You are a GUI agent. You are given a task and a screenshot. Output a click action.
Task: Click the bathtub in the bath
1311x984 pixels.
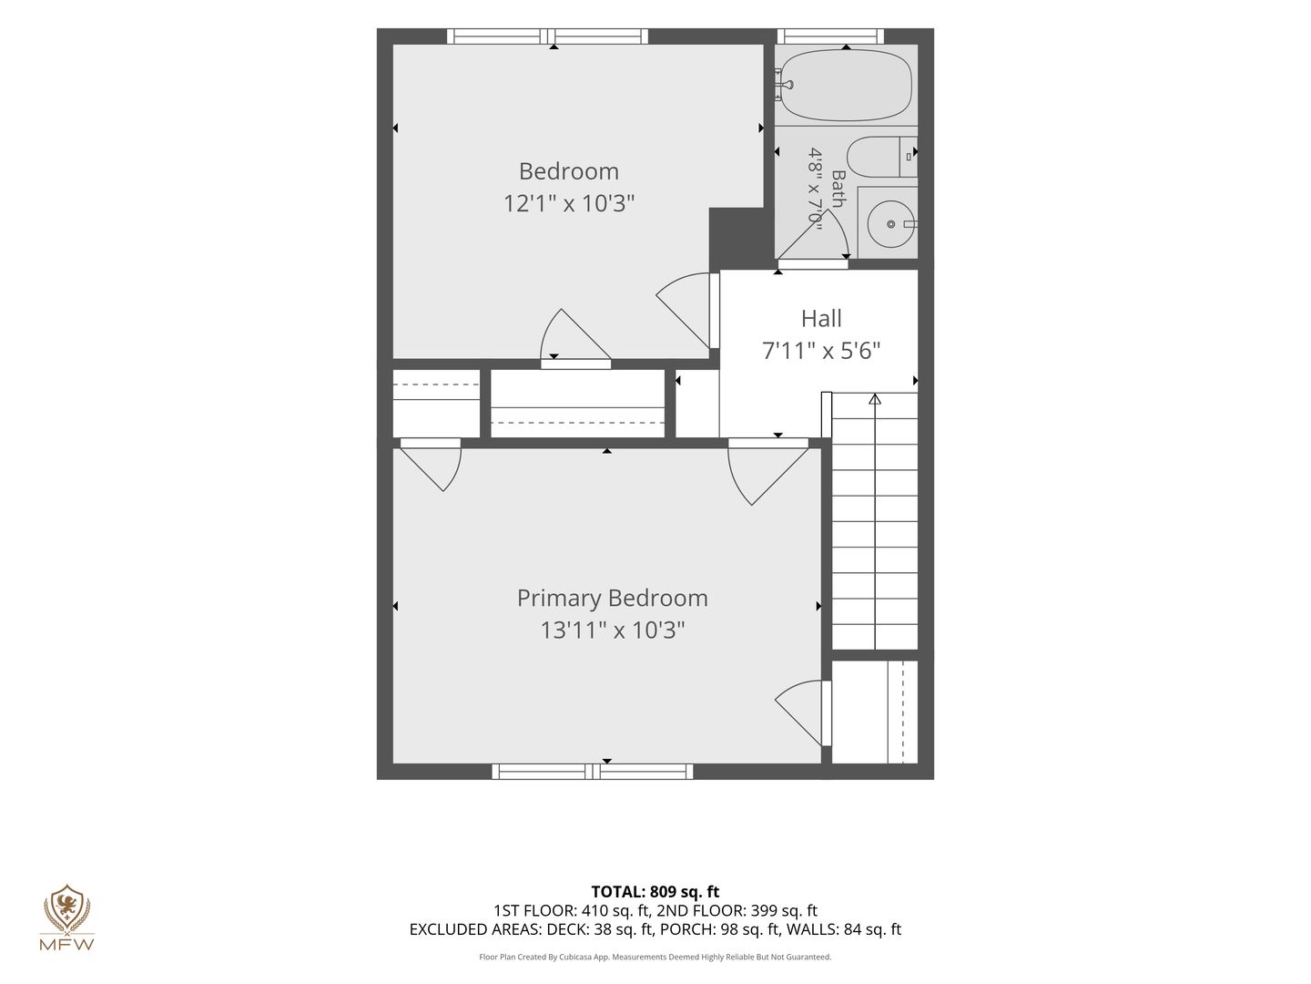[846, 85]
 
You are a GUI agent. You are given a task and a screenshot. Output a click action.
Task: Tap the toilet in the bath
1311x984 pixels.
[881, 157]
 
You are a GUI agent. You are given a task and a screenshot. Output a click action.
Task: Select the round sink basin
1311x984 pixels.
[890, 224]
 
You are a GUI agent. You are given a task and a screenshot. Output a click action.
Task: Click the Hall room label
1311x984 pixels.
[821, 319]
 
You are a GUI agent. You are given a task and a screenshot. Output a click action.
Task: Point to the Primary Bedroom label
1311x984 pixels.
[612, 598]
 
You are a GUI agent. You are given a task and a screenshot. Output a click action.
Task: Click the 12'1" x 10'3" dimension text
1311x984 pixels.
[569, 203]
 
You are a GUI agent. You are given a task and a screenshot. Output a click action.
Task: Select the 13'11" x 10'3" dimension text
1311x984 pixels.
[612, 630]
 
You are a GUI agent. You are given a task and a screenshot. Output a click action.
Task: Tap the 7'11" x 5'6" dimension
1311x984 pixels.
[821, 351]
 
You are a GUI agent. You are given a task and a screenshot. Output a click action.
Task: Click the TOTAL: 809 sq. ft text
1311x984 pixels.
[655, 892]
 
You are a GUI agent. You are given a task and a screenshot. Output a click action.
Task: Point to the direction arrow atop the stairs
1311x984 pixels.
[875, 398]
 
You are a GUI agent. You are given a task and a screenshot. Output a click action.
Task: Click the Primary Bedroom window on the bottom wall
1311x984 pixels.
[593, 772]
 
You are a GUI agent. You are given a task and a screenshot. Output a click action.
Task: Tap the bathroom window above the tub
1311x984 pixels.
[834, 36]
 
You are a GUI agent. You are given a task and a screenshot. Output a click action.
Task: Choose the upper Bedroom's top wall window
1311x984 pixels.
[548, 36]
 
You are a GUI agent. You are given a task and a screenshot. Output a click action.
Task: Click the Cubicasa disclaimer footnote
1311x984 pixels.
[655, 957]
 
